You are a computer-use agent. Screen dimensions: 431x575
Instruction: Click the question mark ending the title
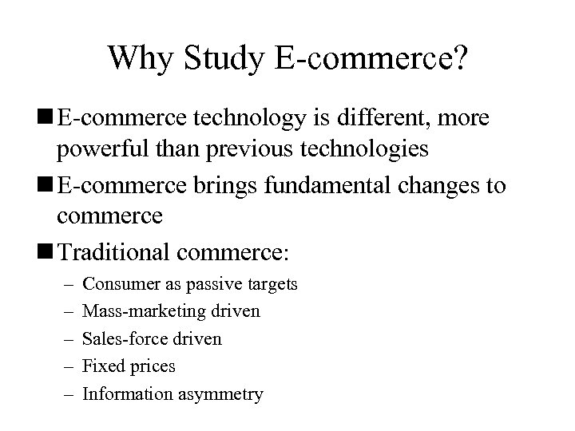tap(458, 57)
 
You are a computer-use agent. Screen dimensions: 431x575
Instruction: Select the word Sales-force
tap(123, 338)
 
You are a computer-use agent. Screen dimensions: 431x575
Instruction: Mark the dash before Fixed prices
tap(64, 366)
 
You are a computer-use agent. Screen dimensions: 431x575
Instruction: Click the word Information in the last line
tap(125, 394)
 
